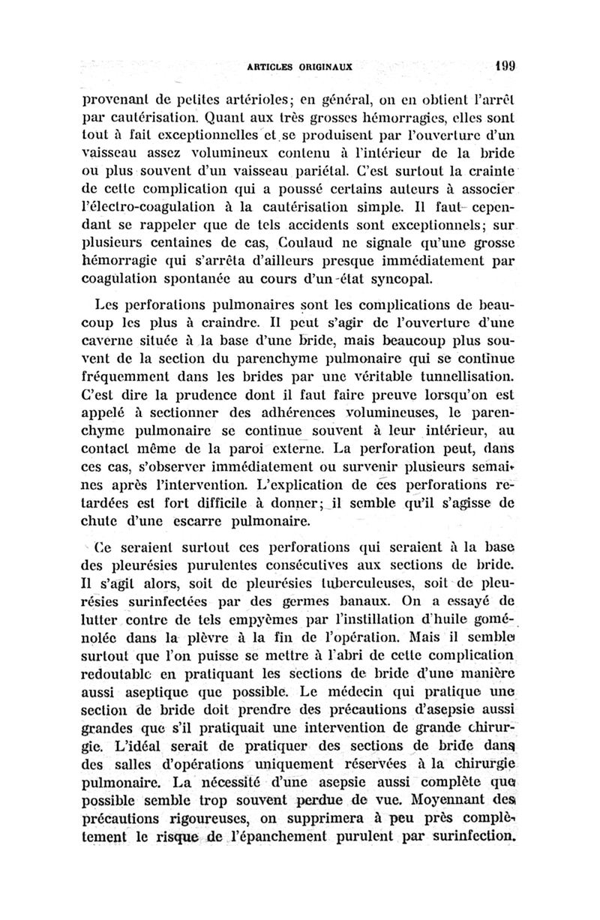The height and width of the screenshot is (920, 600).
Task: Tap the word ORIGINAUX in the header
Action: (327, 66)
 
